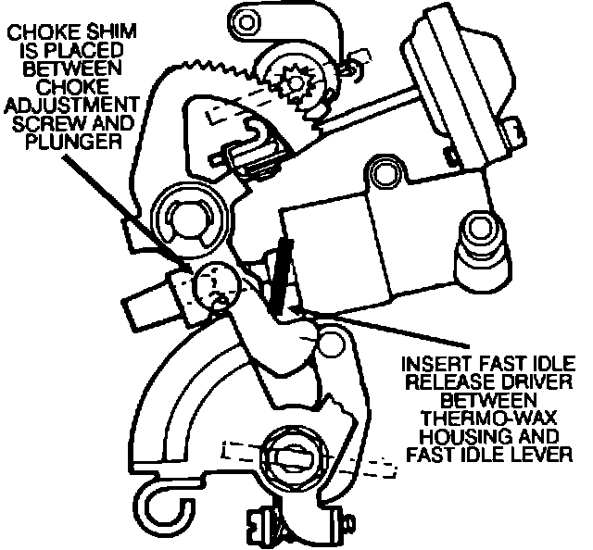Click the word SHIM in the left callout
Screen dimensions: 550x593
coord(113,31)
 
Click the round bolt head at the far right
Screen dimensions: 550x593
coord(480,225)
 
